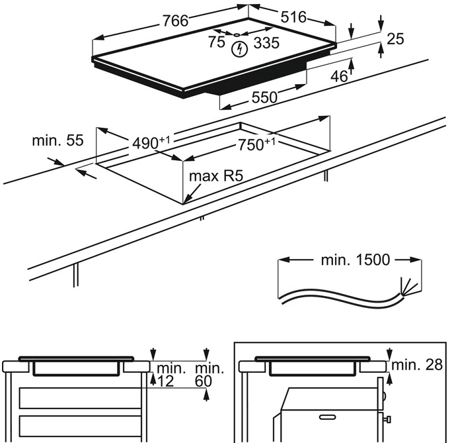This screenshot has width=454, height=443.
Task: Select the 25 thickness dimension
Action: pos(395,39)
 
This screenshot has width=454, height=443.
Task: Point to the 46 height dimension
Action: pos(339,76)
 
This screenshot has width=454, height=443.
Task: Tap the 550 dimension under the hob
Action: pos(264,97)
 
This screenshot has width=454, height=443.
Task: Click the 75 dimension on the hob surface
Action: pos(216,42)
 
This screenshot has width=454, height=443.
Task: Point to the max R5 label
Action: pos(213,176)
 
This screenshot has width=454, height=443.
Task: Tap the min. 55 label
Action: pos(58,140)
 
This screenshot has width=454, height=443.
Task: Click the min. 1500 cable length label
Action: pos(356,260)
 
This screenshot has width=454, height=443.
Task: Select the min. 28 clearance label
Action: pos(418,365)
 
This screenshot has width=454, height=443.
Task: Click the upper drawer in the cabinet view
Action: pos(80,398)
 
